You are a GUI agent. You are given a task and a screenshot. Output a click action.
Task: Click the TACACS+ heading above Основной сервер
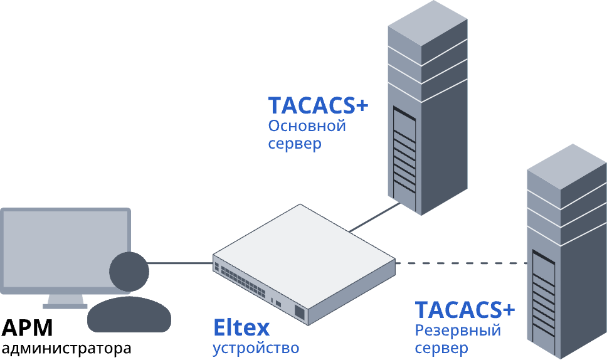tap(318, 105)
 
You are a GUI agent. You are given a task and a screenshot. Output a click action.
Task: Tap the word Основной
tap(307, 125)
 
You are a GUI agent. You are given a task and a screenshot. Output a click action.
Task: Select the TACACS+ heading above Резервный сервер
tap(465, 310)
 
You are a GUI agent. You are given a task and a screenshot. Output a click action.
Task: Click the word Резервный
tap(458, 330)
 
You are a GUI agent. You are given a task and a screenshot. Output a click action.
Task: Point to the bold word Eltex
tap(241, 327)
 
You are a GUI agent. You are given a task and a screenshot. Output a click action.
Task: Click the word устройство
tap(256, 347)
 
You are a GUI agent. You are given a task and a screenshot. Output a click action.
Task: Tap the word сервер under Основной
tap(295, 144)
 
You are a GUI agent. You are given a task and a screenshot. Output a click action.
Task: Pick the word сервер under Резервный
tap(441, 347)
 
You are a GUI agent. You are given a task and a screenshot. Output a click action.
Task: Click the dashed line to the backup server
tap(461, 263)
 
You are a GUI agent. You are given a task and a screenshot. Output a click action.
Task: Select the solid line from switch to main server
tap(375, 218)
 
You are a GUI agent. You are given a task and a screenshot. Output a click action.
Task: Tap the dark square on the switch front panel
tap(300, 312)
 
